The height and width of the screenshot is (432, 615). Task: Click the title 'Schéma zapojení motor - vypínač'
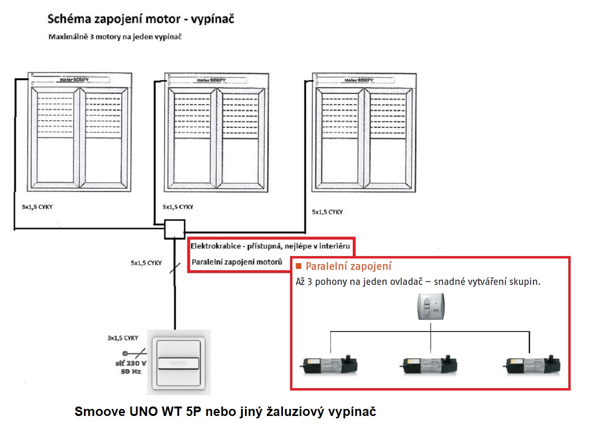point(140,20)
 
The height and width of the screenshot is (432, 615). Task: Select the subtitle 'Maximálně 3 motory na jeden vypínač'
point(115,37)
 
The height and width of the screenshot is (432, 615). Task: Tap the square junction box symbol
point(175,230)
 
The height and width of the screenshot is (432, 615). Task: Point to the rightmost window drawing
point(362,132)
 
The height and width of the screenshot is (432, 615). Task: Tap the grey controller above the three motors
point(430,307)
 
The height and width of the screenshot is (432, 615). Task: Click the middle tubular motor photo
point(430,364)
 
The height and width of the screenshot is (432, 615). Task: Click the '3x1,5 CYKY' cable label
point(123,338)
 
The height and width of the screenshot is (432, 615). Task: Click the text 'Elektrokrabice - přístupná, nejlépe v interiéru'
point(270,246)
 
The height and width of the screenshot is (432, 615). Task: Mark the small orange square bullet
point(299,267)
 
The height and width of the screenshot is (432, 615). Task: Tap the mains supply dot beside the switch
point(125,353)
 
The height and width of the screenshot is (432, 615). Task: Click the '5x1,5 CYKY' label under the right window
point(327,212)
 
